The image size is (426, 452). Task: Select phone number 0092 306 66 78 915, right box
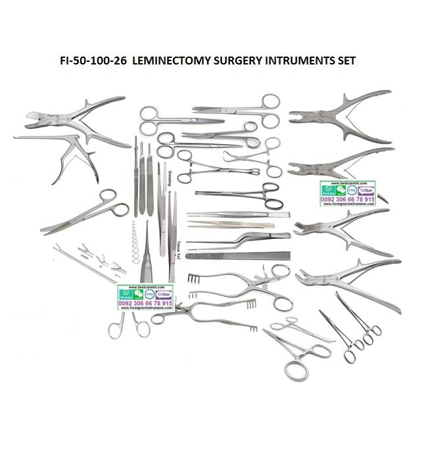(x=347, y=198)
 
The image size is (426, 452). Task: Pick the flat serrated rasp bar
(x=237, y=255)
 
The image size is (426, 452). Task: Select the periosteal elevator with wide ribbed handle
(x=149, y=263)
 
